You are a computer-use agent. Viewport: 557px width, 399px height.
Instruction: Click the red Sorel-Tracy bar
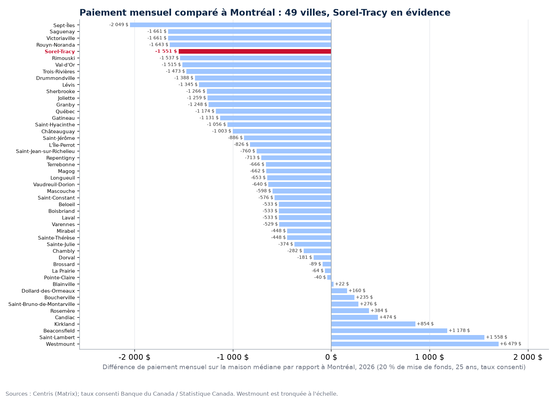pyautogui.click(x=255, y=51)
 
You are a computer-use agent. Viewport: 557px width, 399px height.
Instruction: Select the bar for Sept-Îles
pyautogui.click(x=230, y=25)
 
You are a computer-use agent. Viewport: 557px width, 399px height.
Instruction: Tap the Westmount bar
pyautogui.click(x=415, y=344)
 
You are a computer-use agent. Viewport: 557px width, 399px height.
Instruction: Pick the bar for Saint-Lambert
pyautogui.click(x=408, y=337)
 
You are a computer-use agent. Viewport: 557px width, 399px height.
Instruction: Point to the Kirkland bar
pyautogui.click(x=373, y=324)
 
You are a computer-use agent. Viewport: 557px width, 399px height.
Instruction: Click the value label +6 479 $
pyautogui.click(x=511, y=344)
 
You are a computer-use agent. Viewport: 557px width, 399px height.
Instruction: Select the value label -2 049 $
pyautogui.click(x=119, y=25)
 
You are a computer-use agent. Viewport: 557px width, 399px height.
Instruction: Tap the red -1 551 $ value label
pyautogui.click(x=166, y=51)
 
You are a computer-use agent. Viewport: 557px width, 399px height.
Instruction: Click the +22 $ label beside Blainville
pyautogui.click(x=342, y=284)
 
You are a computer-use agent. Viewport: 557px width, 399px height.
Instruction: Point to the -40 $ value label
pyautogui.click(x=320, y=277)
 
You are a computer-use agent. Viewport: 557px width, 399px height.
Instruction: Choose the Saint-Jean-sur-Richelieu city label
pyautogui.click(x=45, y=151)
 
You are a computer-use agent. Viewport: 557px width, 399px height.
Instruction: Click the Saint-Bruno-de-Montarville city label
pyautogui.click(x=41, y=304)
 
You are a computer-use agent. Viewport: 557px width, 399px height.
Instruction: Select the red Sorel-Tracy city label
pyautogui.click(x=60, y=52)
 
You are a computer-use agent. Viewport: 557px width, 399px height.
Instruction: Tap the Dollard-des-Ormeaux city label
pyautogui.click(x=48, y=291)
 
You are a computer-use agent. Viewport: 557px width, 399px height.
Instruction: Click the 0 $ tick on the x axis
pyautogui.click(x=331, y=357)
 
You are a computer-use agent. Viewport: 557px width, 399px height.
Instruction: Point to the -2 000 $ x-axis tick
pyautogui.click(x=135, y=357)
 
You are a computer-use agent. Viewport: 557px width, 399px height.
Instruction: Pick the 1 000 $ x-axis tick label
pyautogui.click(x=429, y=357)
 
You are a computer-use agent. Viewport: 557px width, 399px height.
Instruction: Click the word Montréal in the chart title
pyautogui.click(x=252, y=13)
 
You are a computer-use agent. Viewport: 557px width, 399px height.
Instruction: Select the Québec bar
pyautogui.click(x=274, y=111)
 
